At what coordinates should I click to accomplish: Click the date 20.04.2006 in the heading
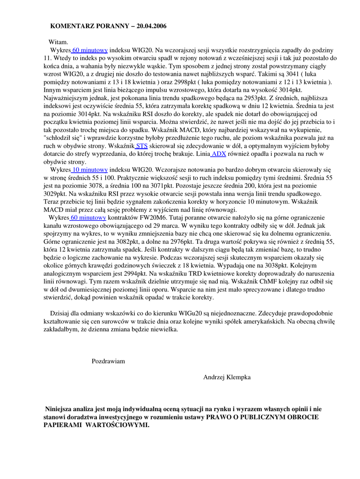[x=152, y=26]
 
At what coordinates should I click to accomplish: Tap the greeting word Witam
[x=59, y=42]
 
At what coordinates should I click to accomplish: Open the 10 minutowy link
[x=89, y=169]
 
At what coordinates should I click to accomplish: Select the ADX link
[x=219, y=153]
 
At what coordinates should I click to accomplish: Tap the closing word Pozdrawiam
[x=108, y=361]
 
